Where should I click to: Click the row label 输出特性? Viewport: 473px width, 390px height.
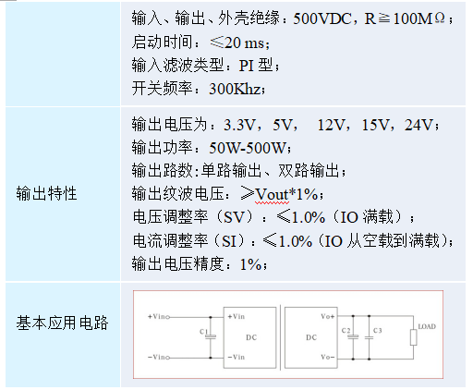pos(46,194)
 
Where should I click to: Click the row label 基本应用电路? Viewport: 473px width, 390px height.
pos(62,323)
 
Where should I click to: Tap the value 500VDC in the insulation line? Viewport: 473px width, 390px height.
pos(322,18)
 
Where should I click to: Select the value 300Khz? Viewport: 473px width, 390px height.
pos(236,89)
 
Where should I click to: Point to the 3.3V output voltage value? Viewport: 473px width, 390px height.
pos(239,125)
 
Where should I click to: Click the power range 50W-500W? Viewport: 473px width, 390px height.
pos(248,148)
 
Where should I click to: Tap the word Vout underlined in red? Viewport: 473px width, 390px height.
pos(272,195)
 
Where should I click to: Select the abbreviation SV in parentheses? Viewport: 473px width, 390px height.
pos(234,217)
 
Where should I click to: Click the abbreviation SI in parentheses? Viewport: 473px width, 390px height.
pos(229,241)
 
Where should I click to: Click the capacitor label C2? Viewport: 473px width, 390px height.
pos(346,331)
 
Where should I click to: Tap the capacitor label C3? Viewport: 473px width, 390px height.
pos(378,331)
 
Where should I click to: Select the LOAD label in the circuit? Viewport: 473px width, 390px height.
pos(427,326)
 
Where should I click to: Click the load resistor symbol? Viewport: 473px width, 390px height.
pos(414,337)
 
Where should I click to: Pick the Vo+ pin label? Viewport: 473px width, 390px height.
pos(328,316)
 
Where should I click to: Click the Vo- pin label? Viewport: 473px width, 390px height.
pos(328,357)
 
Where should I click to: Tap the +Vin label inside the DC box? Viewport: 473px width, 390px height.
pos(236,316)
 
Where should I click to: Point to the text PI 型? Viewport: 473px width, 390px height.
pos(256,66)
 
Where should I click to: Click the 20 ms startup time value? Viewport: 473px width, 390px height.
pos(245,43)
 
